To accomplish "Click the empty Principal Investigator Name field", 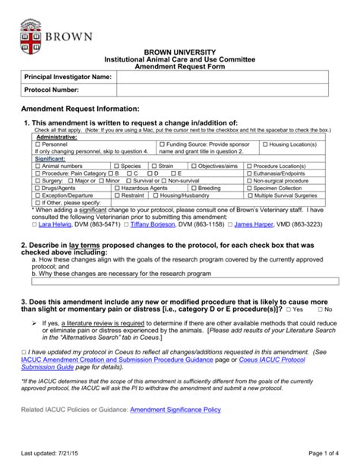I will (x=222, y=77).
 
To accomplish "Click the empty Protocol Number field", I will (x=222, y=90).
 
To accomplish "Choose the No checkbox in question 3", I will (x=321, y=310).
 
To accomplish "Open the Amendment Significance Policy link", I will (x=175, y=409).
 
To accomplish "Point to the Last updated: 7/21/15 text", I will (x=56, y=454).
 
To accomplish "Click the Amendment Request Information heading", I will (x=80, y=109).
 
